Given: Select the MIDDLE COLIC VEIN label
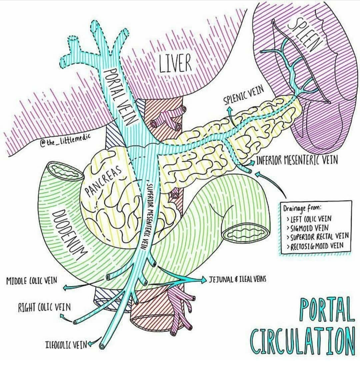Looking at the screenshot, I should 31,280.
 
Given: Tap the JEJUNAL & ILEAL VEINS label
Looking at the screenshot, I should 238,280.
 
